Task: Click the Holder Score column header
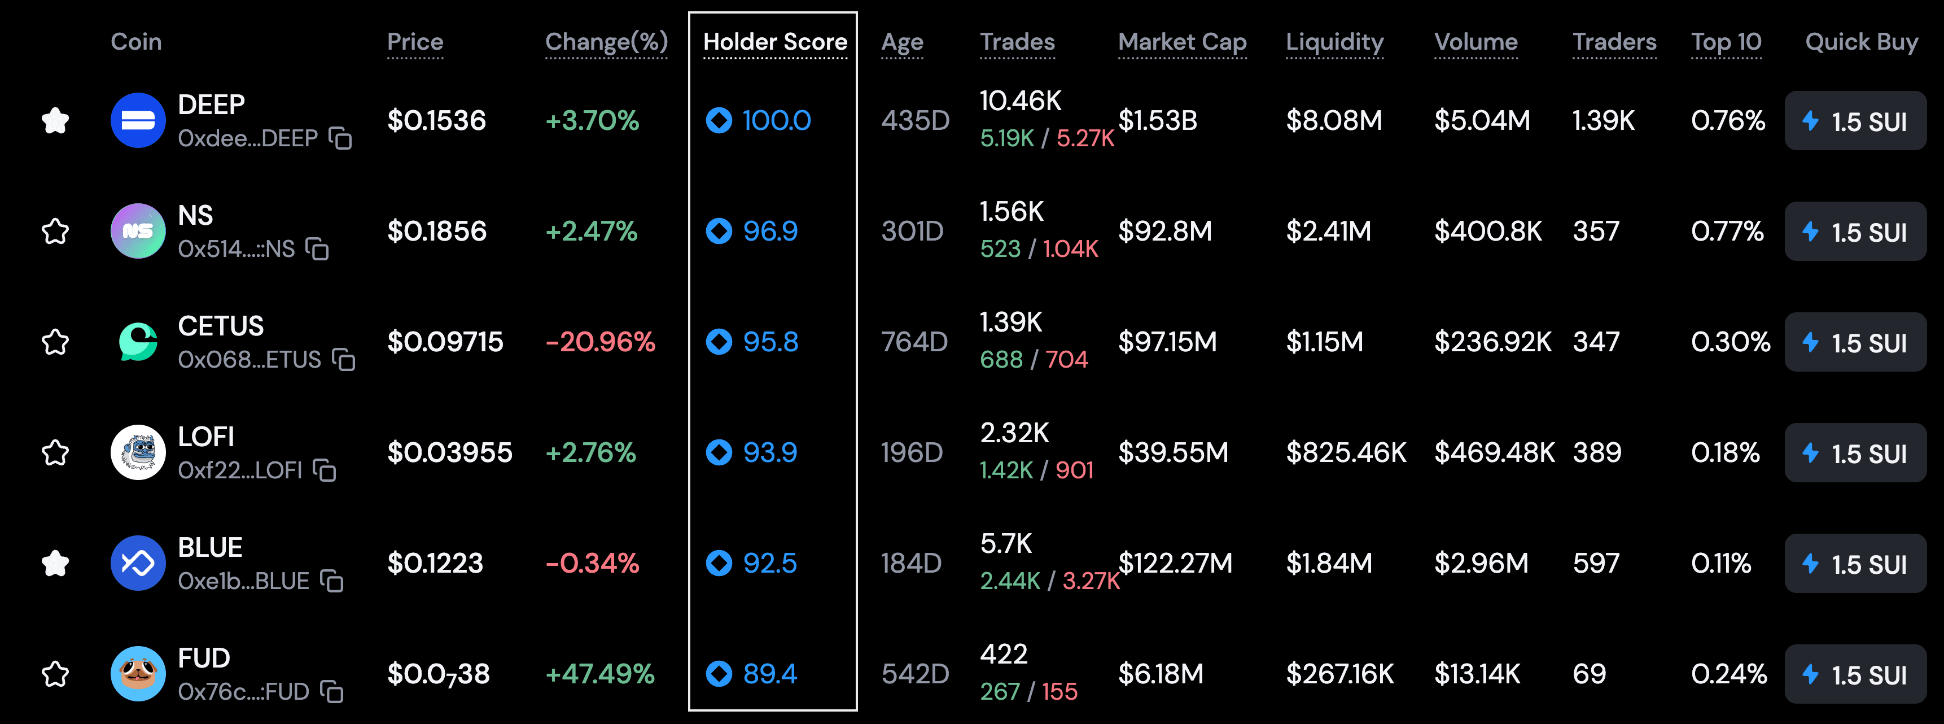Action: (774, 42)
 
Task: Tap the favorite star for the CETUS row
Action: (55, 342)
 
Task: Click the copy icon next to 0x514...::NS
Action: (317, 248)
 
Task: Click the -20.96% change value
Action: (600, 342)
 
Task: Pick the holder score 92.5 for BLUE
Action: (769, 563)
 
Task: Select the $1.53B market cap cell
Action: (1157, 121)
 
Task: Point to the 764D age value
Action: (914, 342)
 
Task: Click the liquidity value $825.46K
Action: (1346, 452)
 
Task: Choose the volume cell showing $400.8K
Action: (1487, 231)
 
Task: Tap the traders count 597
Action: (1595, 563)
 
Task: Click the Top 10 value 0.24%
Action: (1728, 673)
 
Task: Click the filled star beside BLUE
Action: (55, 563)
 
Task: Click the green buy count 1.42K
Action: (1005, 470)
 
